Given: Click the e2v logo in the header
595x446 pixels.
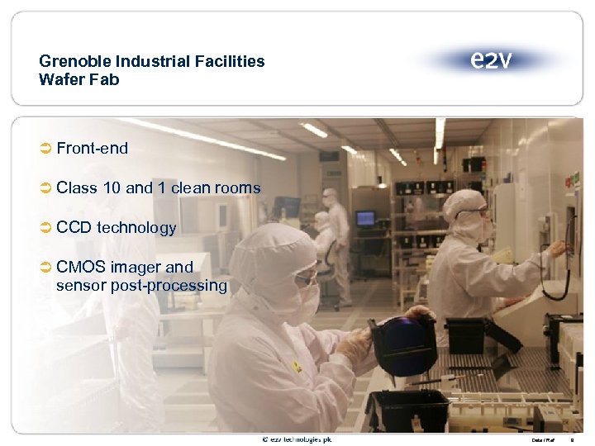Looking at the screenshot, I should click(x=491, y=59).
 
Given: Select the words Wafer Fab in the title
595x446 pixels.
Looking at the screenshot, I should click(x=79, y=79).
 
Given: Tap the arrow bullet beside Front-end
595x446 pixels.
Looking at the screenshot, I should click(x=46, y=149).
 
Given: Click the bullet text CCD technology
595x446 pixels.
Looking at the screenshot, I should click(x=117, y=227).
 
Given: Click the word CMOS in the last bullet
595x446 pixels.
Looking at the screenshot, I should click(x=81, y=267).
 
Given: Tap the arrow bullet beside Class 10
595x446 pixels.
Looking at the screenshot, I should click(x=46, y=188).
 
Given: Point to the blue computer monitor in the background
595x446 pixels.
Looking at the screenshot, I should click(x=365, y=218).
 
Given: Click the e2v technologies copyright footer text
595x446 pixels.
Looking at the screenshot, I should click(x=297, y=439).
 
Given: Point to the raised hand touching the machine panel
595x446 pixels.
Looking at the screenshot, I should click(x=558, y=249).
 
